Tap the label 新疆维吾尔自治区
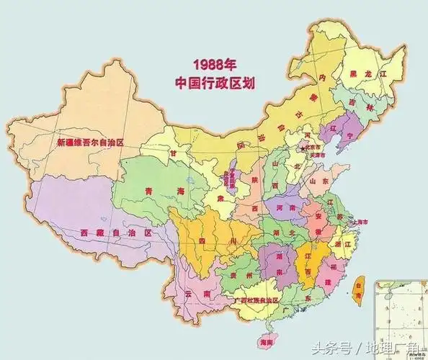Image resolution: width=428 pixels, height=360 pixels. [x=91, y=143]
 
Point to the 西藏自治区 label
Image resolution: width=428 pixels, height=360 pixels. [x=118, y=233]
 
